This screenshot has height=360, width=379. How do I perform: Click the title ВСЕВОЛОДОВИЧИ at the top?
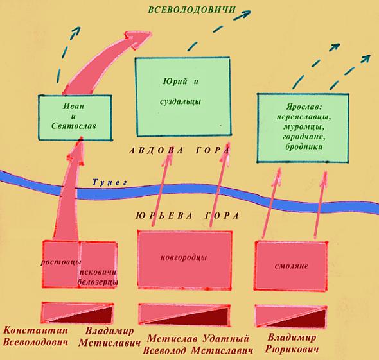pos(191,10)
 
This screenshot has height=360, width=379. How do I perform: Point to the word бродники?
pos(304,146)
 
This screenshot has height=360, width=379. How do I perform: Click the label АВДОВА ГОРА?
pos(179,151)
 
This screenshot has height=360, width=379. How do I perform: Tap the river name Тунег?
pos(110,182)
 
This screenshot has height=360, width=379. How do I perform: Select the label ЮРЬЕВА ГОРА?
pos(188,216)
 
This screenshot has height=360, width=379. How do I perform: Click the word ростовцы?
pos(60,262)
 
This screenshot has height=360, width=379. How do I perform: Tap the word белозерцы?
pos(98,282)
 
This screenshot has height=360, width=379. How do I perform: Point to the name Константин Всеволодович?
pos(35,336)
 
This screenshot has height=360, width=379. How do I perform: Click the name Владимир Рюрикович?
pos(292,343)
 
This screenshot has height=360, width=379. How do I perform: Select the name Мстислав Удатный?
pos(198,339)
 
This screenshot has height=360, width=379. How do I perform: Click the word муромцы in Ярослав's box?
pos(304,127)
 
